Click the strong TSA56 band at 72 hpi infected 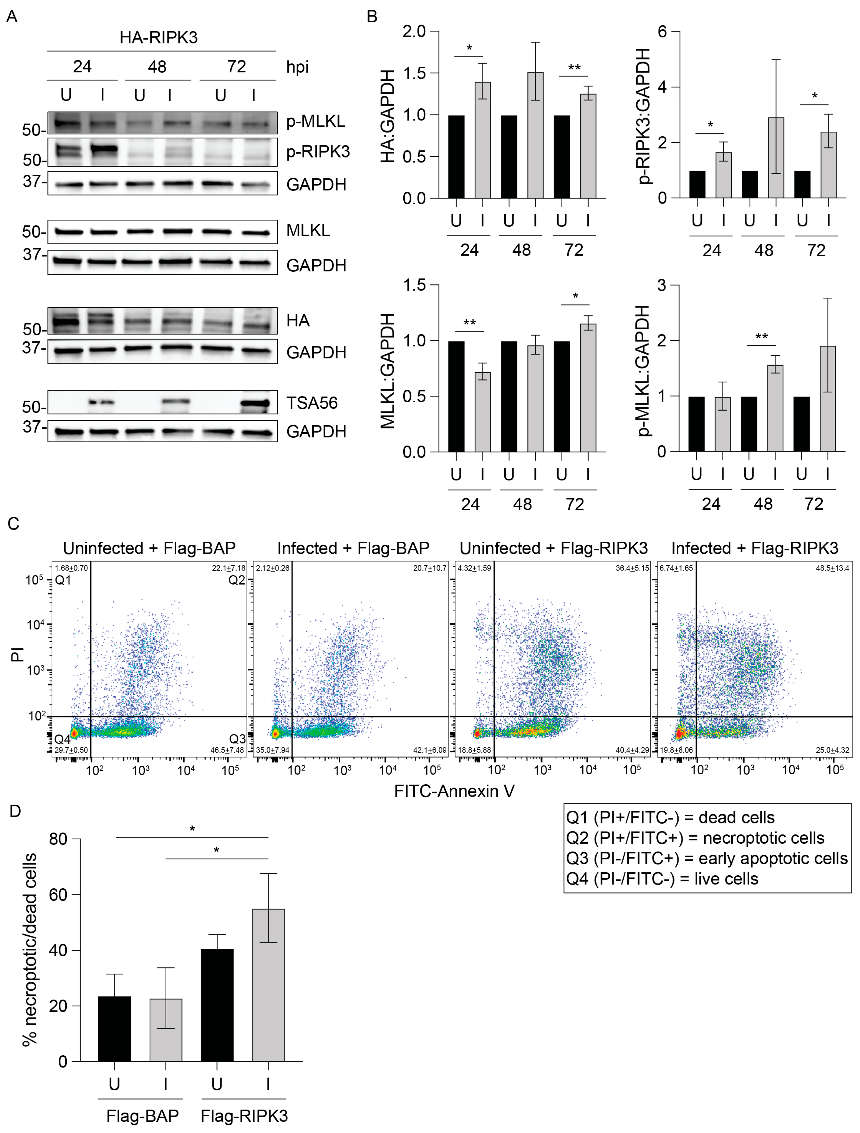pyautogui.click(x=255, y=404)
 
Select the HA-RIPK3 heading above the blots pyautogui.click(x=158, y=37)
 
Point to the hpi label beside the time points pyautogui.click(x=297, y=67)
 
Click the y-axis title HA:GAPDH pyautogui.click(x=388, y=116)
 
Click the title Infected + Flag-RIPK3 pyautogui.click(x=754, y=548)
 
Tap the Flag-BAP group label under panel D pyautogui.click(x=142, y=1116)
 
